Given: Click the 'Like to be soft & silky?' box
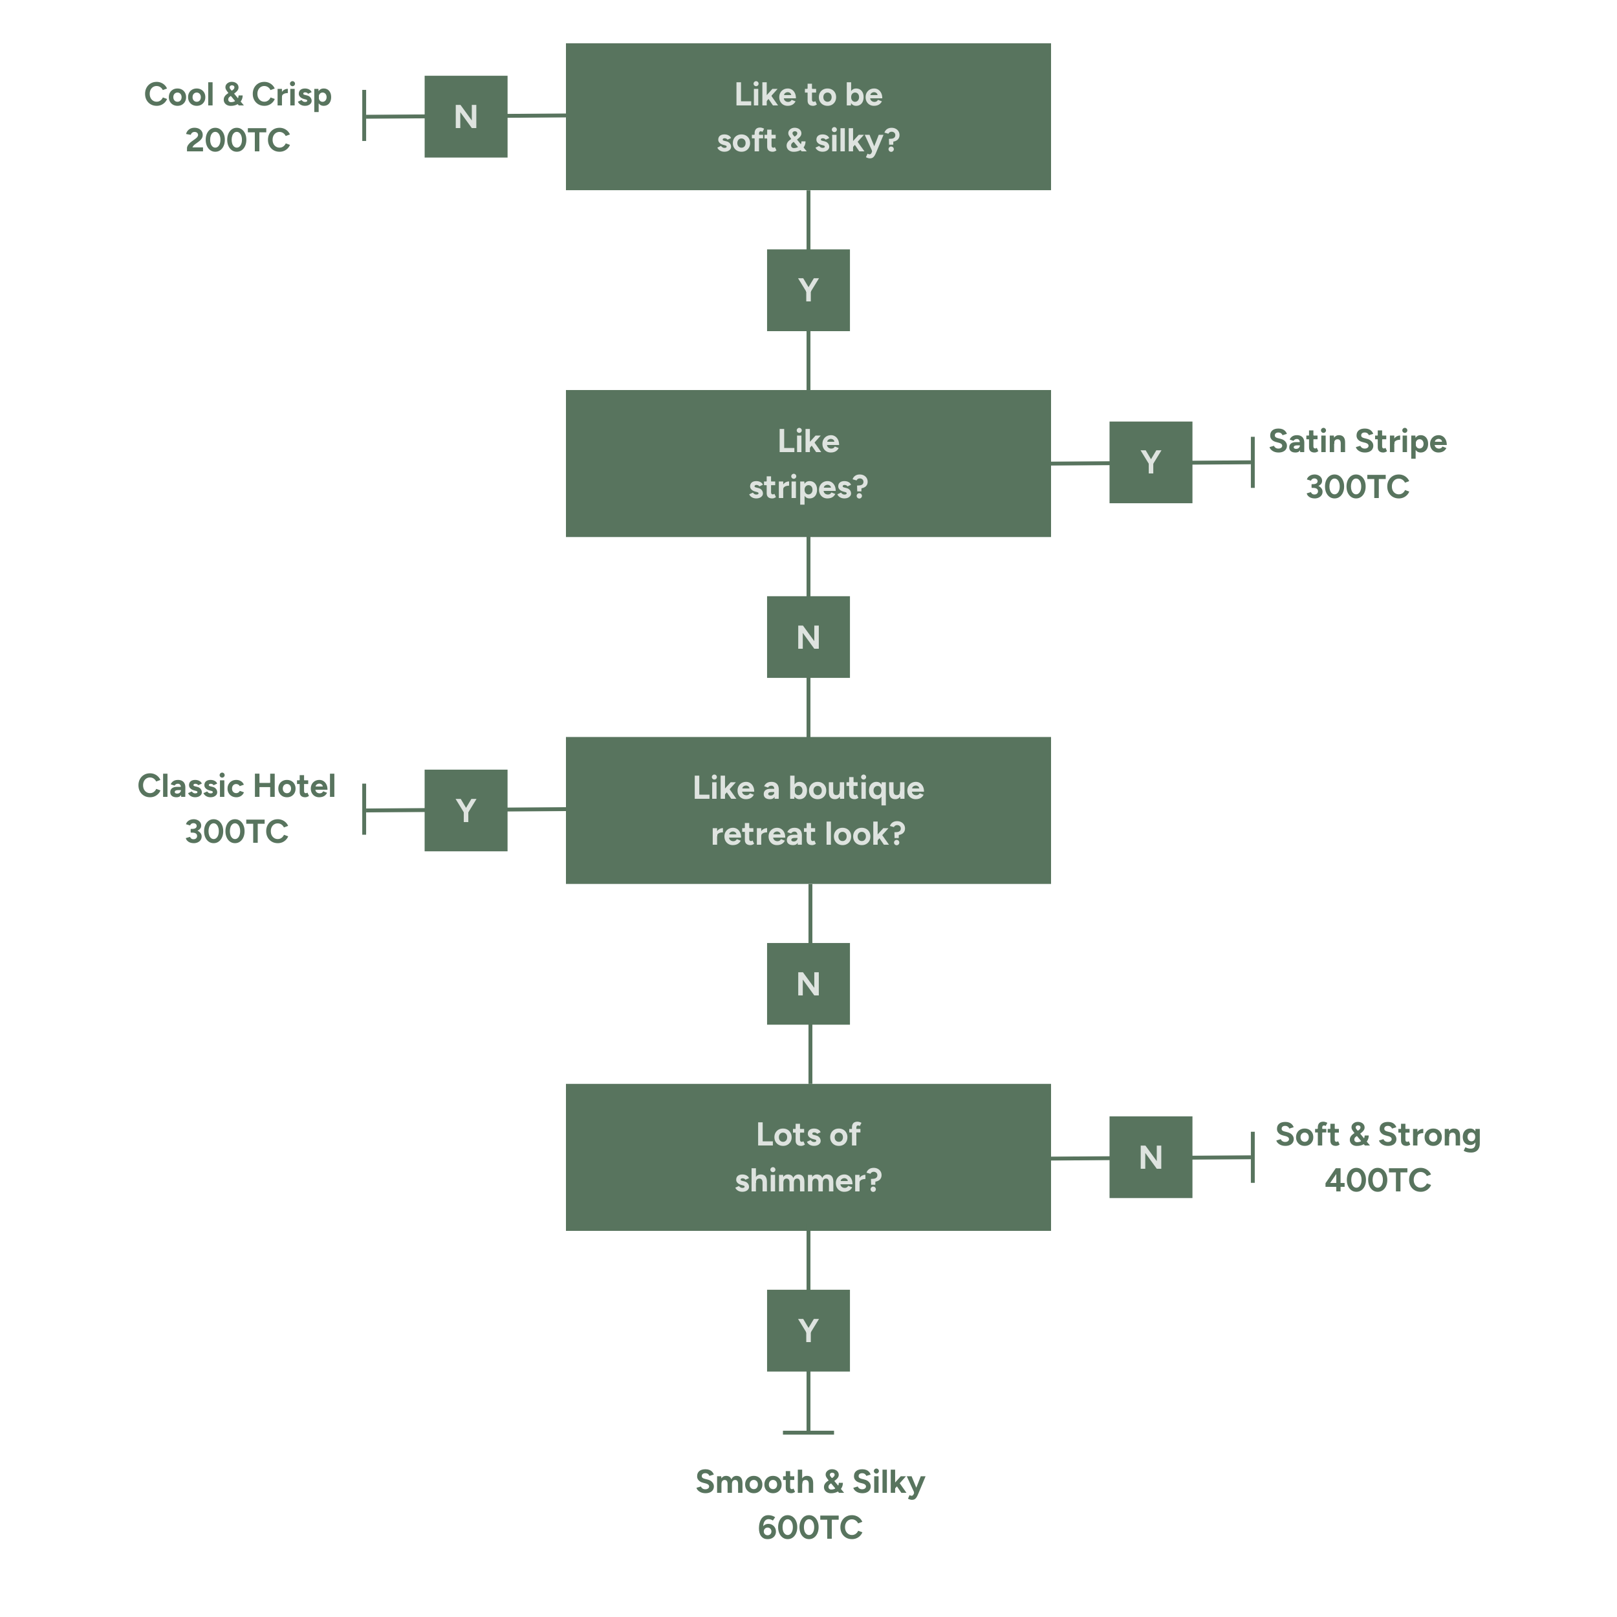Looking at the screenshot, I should (x=808, y=116).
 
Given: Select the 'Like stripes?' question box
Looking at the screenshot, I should (x=808, y=463).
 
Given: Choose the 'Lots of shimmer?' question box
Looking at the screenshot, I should (x=808, y=1156).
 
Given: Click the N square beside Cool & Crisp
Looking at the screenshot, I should (x=465, y=116).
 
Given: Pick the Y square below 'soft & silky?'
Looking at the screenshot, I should (x=808, y=290).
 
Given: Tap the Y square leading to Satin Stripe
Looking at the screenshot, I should (x=1150, y=462).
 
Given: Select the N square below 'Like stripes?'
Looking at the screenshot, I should (x=808, y=637).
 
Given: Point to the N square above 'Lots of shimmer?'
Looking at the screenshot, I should (x=808, y=983).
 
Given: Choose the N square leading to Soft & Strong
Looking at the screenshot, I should (x=1150, y=1156).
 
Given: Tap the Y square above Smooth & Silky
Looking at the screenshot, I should (x=808, y=1330).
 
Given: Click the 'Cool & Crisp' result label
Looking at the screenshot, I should (x=237, y=94).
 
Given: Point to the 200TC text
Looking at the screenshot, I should (x=237, y=140).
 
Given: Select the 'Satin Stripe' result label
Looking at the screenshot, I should (x=1357, y=441).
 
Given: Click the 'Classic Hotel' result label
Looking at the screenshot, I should (x=236, y=786).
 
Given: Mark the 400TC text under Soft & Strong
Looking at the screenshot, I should (x=1378, y=1180).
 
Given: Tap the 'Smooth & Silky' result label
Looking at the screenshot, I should (x=809, y=1481).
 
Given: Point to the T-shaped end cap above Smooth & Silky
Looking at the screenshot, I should (x=808, y=1432).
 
